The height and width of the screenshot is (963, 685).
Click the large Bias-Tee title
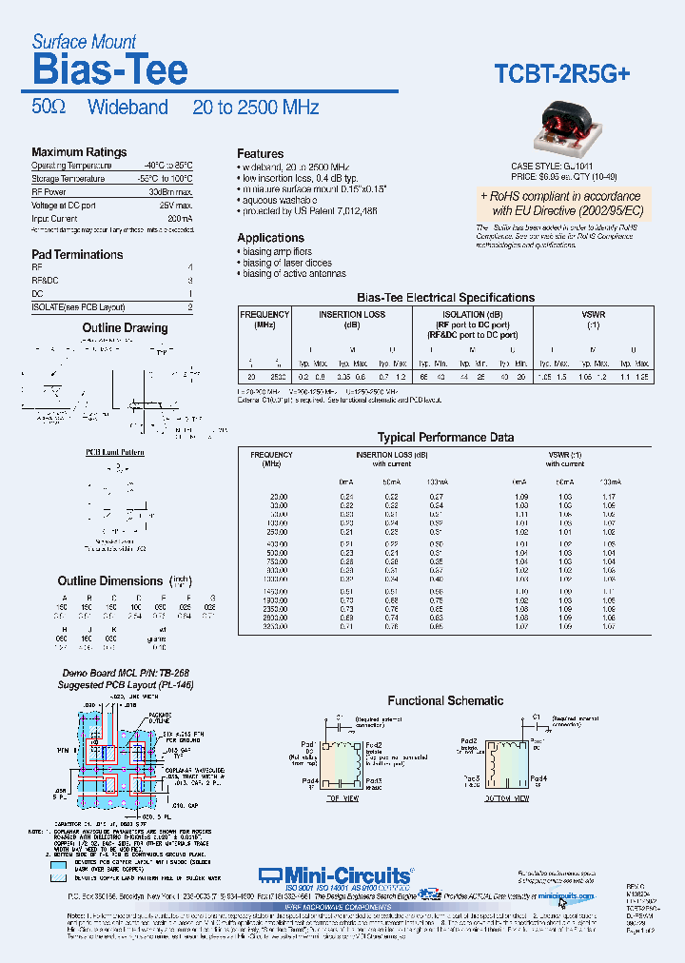(109, 69)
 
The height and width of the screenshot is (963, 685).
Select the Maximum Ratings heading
(79, 152)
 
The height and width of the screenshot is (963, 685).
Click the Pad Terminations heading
(77, 255)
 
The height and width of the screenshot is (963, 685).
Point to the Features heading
(260, 154)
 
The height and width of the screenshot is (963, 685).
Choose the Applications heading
(270, 238)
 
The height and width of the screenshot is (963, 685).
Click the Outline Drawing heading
(125, 328)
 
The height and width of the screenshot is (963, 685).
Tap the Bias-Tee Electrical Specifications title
(444, 298)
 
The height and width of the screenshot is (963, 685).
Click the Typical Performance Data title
(445, 438)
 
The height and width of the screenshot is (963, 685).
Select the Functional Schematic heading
(445, 701)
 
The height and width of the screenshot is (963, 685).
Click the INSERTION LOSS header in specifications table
(352, 315)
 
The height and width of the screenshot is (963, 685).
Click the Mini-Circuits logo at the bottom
(336, 875)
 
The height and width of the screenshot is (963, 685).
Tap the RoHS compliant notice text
(561, 203)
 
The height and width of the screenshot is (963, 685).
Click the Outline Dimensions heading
(110, 581)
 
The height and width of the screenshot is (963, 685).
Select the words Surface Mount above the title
(84, 42)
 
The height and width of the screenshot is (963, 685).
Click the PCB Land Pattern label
(115, 452)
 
